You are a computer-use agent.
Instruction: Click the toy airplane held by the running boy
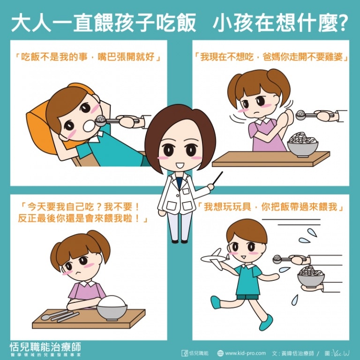pos(215,259)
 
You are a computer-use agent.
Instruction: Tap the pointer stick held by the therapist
pos(217,178)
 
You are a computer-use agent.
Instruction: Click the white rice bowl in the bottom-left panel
pos(112,307)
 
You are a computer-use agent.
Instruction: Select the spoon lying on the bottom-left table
pos(53,315)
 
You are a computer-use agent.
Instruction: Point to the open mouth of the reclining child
pos(89,126)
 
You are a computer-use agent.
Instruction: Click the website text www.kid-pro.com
pos(245,353)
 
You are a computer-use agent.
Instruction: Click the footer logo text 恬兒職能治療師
pos(45,347)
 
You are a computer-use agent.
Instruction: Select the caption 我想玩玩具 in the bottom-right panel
pos(226,207)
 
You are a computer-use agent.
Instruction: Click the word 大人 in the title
pos(31,23)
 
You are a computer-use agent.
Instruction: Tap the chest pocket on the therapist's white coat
pos(186,191)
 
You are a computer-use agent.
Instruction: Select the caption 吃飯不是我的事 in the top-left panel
pos(54,57)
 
